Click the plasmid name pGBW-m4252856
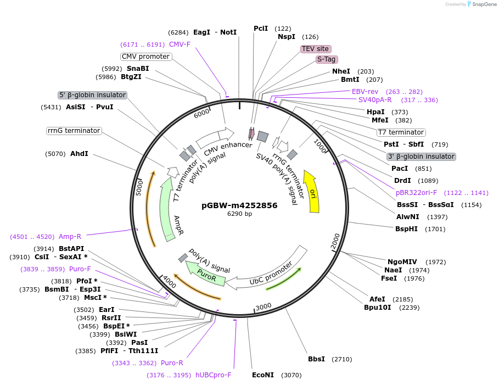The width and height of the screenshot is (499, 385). click(239, 205)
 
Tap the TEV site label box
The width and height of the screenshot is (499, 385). click(315, 49)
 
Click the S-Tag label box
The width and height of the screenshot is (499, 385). click(327, 59)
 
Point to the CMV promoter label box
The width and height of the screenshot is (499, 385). click(145, 57)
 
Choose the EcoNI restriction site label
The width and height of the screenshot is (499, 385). click(262, 375)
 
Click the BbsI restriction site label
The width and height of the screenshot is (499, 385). click(316, 359)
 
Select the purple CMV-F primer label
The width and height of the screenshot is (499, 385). click(180, 44)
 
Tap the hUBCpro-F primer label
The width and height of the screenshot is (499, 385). click(214, 375)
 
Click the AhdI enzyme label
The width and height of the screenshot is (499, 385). click(79, 154)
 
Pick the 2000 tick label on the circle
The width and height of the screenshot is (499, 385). click(336, 241)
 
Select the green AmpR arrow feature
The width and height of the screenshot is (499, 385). click(170, 211)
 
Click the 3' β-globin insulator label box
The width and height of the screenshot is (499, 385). click(421, 157)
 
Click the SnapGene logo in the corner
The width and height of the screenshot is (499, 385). click(479, 4)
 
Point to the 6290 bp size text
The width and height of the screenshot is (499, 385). click(239, 214)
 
